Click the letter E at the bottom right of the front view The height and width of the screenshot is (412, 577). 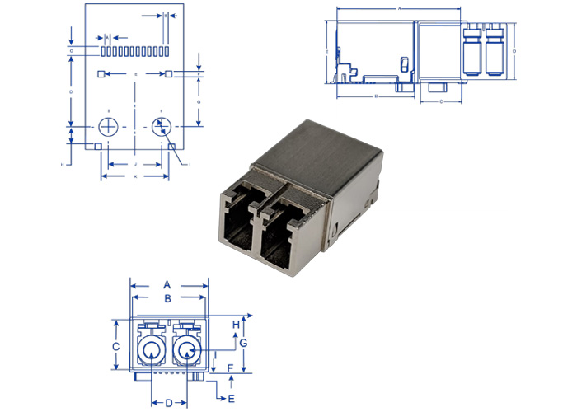(x=231, y=397)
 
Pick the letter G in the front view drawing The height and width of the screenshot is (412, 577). (x=244, y=342)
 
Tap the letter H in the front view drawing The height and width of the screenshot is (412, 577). (x=236, y=324)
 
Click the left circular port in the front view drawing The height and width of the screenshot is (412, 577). (x=149, y=353)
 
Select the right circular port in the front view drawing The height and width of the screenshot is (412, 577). (x=188, y=353)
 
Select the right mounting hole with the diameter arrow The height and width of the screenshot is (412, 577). (x=161, y=127)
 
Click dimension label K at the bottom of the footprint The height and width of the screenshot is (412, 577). (x=135, y=176)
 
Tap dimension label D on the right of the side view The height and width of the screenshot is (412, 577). (x=514, y=51)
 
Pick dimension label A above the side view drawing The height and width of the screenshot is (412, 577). (x=399, y=7)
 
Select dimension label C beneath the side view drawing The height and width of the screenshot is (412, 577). (x=441, y=101)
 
